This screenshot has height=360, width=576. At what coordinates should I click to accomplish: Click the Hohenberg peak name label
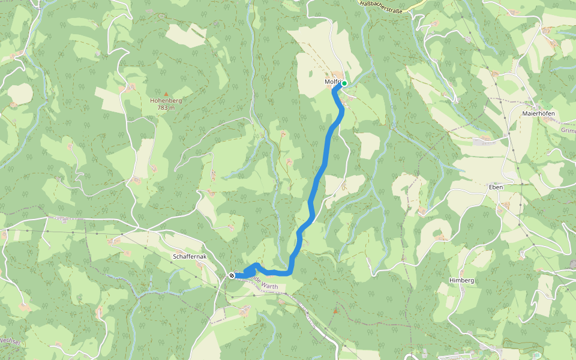(x=166, y=101)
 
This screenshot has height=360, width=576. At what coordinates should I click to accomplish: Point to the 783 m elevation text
(x=166, y=108)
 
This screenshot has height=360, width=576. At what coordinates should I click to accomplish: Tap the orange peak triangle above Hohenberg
(x=166, y=94)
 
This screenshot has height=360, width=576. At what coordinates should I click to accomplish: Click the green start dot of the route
(x=344, y=83)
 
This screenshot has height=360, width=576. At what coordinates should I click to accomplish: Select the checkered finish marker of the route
(x=232, y=275)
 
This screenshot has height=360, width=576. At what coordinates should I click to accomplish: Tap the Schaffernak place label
(x=190, y=256)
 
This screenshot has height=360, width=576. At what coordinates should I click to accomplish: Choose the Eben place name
(x=496, y=187)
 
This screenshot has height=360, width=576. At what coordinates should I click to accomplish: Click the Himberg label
(x=462, y=280)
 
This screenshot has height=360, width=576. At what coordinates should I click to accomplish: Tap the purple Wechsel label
(x=10, y=341)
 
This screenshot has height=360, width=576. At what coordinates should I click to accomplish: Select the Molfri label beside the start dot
(x=332, y=82)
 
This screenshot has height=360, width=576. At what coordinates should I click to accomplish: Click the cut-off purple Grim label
(x=568, y=130)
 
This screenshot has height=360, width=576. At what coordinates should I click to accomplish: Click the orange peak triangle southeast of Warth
(x=335, y=311)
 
